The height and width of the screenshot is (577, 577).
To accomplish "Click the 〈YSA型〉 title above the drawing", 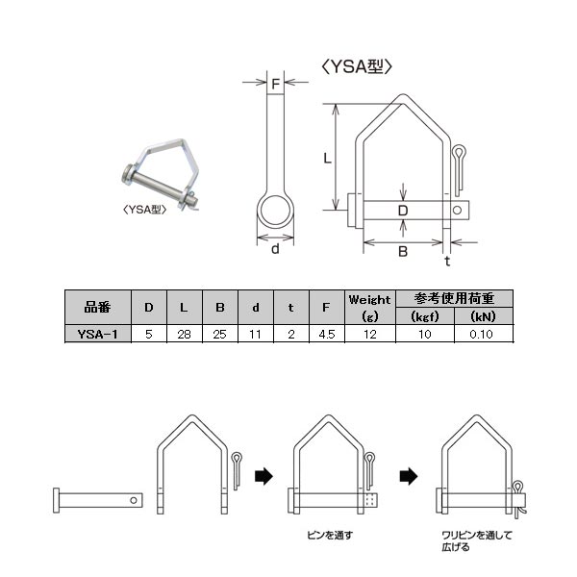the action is tap(357, 67).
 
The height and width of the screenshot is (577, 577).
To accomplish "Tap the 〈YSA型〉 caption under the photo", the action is tap(144, 210).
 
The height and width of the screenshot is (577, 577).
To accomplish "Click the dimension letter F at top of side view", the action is tap(275, 85).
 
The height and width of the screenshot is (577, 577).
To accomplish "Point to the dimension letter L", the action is tap(327, 159).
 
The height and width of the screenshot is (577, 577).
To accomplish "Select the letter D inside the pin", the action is tap(403, 211).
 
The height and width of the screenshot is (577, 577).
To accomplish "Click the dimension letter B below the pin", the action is tap(403, 252).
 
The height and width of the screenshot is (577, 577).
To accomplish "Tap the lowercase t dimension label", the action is tap(447, 261).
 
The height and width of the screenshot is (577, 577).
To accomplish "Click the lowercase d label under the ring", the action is tap(275, 249).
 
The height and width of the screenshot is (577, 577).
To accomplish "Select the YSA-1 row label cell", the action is tap(98, 334).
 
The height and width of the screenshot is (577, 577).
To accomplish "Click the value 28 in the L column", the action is tap(184, 334).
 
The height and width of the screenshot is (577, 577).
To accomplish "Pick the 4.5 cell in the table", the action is tap(327, 334).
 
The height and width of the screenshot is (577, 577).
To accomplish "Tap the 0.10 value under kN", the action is tap(482, 334).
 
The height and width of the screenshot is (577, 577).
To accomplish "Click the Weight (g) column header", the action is tap(370, 308).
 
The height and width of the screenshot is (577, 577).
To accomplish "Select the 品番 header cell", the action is tap(98, 308).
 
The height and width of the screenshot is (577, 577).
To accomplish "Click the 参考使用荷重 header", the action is tap(454, 298).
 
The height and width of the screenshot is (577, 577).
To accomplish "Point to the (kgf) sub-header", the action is tap(425, 316).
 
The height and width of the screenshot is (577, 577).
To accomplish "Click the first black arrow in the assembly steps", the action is tap(263, 477).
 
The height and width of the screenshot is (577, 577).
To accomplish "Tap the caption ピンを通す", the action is tap(330, 535).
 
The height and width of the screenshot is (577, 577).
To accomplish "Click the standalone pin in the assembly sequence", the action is tap(98, 500).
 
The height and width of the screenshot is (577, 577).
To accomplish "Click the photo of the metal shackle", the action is tap(161, 176).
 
